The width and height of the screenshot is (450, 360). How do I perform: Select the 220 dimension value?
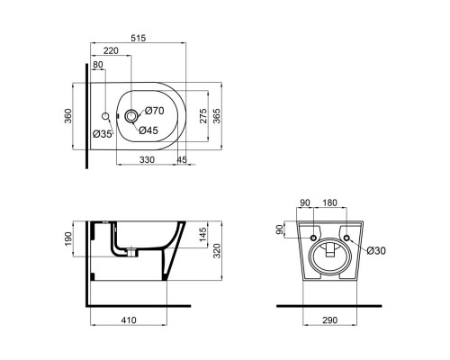pos(112,52)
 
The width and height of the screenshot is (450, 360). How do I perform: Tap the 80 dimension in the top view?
pos(98,65)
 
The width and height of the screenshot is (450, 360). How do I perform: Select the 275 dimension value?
pos(204,115)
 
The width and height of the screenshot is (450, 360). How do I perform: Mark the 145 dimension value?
pos(203,234)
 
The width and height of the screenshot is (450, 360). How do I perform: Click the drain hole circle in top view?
pos(132,115)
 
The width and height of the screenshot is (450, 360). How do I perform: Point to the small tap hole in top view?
pos(106,116)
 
